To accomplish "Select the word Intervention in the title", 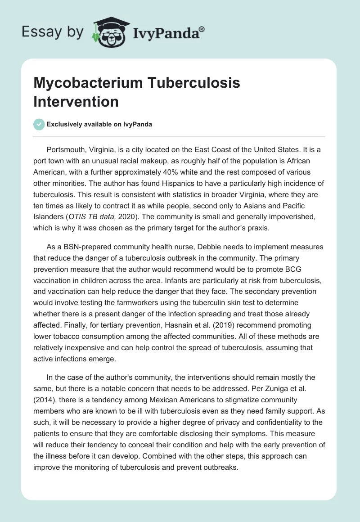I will [76, 102].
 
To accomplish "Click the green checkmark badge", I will [39, 124].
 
